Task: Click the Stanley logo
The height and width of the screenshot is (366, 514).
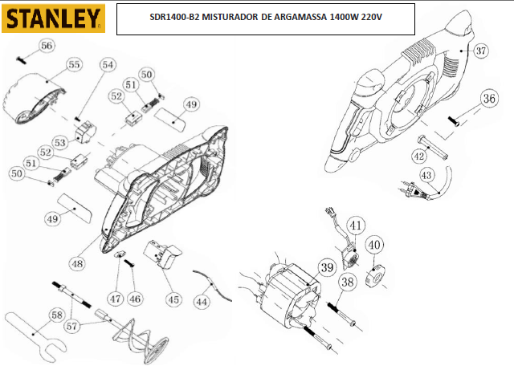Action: [54, 18]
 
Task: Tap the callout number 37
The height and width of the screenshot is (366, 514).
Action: [480, 51]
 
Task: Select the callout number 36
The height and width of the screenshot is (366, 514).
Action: [489, 98]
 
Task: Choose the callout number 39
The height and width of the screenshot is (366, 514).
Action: [327, 267]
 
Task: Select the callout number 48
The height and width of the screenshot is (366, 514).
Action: [77, 263]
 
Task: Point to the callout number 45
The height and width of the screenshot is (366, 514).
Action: [173, 299]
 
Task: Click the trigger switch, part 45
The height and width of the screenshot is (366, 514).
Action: [162, 254]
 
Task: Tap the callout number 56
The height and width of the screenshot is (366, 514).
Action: [47, 46]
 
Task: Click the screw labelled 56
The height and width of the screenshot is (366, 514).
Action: [22, 60]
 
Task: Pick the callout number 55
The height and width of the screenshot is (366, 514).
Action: [74, 64]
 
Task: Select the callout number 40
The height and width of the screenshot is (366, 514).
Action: [373, 245]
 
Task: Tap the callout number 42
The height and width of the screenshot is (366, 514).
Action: [419, 157]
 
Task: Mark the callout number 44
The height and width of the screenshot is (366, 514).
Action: [202, 301]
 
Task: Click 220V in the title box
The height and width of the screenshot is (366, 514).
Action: [371, 17]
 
